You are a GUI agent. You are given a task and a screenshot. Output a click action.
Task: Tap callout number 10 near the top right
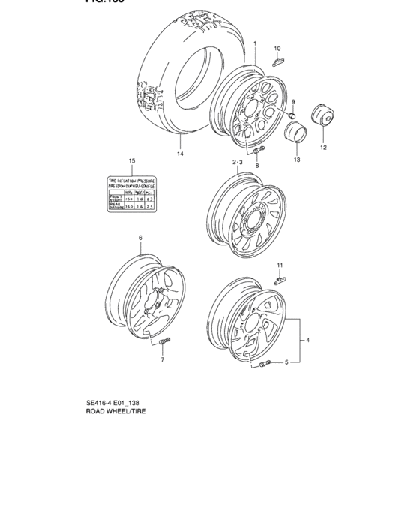click(277, 48)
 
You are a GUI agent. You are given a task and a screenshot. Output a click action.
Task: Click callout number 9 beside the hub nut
click(293, 102)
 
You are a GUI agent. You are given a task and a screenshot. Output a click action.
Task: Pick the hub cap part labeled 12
click(324, 119)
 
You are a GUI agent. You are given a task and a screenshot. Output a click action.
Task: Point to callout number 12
click(324, 148)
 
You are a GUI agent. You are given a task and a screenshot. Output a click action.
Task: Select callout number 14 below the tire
click(179, 154)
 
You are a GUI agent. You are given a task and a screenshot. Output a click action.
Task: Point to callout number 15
click(131, 161)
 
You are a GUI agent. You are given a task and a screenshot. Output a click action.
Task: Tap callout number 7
click(161, 360)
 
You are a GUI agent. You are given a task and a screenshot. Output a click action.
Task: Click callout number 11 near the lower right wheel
click(280, 265)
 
